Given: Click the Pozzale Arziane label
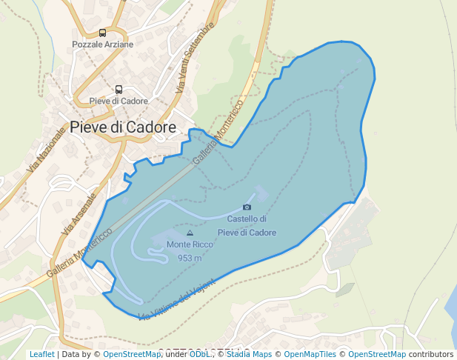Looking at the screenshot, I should (x=103, y=44).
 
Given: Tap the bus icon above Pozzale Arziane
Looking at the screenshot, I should (x=102, y=33).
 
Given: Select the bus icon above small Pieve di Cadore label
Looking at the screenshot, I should (x=119, y=89).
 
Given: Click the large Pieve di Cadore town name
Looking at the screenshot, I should (x=123, y=127).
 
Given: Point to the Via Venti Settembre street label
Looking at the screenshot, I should (x=195, y=56).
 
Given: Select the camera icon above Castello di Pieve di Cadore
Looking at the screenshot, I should (x=247, y=207).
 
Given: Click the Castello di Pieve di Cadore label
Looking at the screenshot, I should (x=247, y=226).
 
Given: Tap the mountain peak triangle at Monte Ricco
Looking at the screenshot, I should (x=190, y=233).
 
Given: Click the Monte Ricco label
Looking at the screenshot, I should (x=190, y=244).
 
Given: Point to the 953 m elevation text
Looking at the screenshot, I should (x=190, y=258).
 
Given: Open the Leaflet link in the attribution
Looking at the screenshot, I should (x=42, y=354).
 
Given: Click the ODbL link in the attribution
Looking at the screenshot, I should (x=199, y=354).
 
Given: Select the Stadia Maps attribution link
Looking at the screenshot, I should (x=249, y=354).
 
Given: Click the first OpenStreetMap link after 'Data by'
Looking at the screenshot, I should (x=131, y=354).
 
